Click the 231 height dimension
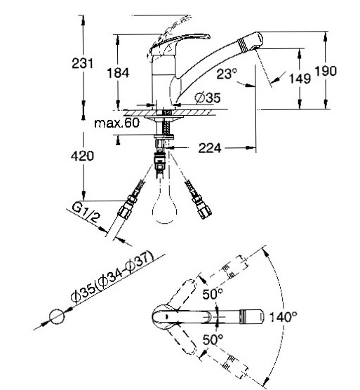coord(83,63)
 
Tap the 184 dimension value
coord(118,73)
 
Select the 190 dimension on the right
coord(326,71)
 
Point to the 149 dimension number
coord(300,79)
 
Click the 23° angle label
coord(227,74)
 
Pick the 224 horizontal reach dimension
coord(210,148)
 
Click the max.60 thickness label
coord(117,123)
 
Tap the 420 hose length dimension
coord(82,156)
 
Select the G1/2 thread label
coord(86,213)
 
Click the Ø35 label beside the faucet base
coord(208,97)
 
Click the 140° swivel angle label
coord(284,317)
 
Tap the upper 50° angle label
coord(213,294)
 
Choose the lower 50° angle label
coord(213,339)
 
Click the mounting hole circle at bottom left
coord(57,316)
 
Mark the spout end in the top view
coord(251,317)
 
